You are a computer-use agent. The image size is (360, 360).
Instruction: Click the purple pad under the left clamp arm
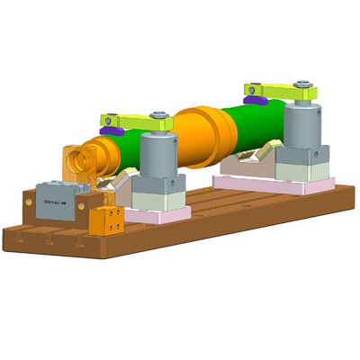coord(111,130)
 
